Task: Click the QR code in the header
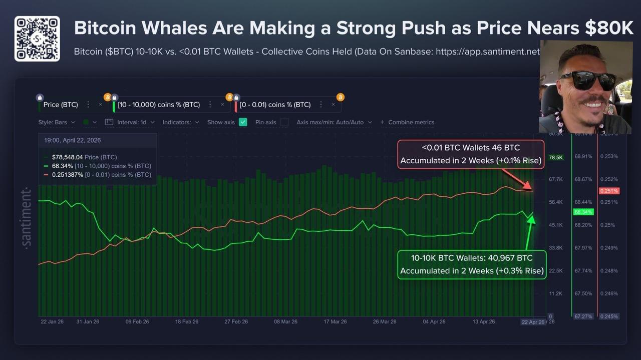pyautogui.click(x=37, y=39)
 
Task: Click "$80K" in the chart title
pyautogui.click(x=608, y=28)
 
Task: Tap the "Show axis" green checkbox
pyautogui.click(x=243, y=122)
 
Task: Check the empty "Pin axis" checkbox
pyautogui.click(x=284, y=122)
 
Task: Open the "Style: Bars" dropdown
pyautogui.click(x=57, y=122)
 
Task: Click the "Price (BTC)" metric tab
pyautogui.click(x=61, y=105)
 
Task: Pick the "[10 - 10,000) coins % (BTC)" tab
pyautogui.click(x=159, y=105)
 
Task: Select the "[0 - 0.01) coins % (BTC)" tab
pyautogui.click(x=275, y=105)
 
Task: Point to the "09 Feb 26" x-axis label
pyautogui.click(x=137, y=322)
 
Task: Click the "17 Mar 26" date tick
pyautogui.click(x=335, y=322)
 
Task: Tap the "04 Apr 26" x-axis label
pyautogui.click(x=434, y=322)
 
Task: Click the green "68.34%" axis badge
pyautogui.click(x=583, y=212)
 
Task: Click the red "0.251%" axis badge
pyautogui.click(x=609, y=191)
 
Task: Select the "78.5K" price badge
pyautogui.click(x=556, y=157)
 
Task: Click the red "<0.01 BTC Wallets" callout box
pyautogui.click(x=470, y=154)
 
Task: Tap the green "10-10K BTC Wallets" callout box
pyautogui.click(x=471, y=264)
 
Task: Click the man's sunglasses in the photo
pyautogui.click(x=587, y=80)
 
